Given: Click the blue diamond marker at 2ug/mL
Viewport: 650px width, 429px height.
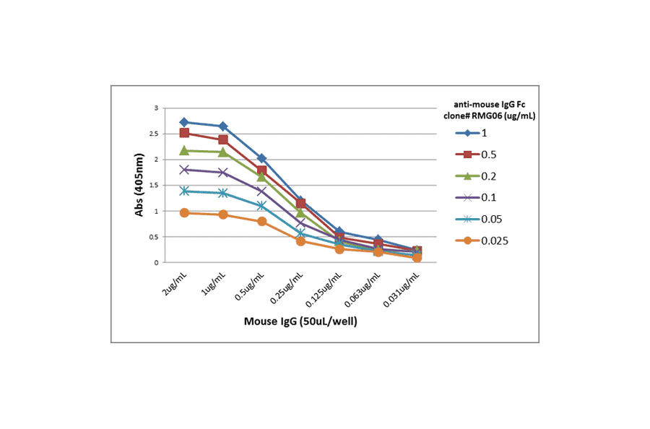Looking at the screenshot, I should pyautogui.click(x=184, y=122).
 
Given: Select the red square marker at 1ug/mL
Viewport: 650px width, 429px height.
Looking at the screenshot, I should pyautogui.click(x=223, y=139).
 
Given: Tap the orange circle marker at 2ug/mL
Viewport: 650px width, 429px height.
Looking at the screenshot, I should pyautogui.click(x=184, y=213).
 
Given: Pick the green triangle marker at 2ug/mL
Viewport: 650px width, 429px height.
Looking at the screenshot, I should pyautogui.click(x=184, y=150).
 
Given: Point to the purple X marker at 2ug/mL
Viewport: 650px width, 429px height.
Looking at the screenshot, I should pyautogui.click(x=184, y=170).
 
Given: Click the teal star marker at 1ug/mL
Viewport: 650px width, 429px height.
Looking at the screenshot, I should pyautogui.click(x=223, y=193).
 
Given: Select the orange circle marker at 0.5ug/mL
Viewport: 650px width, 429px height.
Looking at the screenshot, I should pyautogui.click(x=262, y=221).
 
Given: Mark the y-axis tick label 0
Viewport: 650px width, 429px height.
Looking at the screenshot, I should pyautogui.click(x=155, y=262).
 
